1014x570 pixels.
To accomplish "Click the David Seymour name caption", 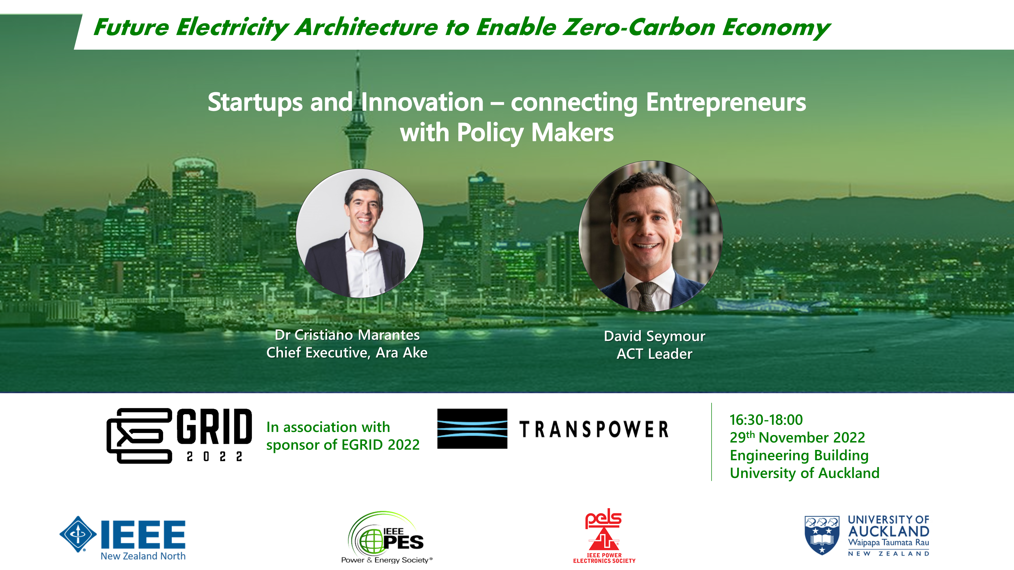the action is (x=655, y=336).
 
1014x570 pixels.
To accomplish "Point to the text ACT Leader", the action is (x=655, y=354).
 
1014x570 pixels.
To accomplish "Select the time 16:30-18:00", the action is (x=766, y=420).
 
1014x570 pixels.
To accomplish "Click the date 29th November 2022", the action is (x=798, y=437).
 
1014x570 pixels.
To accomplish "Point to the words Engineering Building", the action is (x=799, y=455).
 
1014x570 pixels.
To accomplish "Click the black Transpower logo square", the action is (x=472, y=429).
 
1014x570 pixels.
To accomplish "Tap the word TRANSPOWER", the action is (x=594, y=429).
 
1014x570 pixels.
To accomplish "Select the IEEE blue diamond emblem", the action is (x=78, y=534).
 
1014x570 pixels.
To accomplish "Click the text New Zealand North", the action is (x=143, y=556).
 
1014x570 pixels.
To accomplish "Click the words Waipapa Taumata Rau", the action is (x=889, y=542).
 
